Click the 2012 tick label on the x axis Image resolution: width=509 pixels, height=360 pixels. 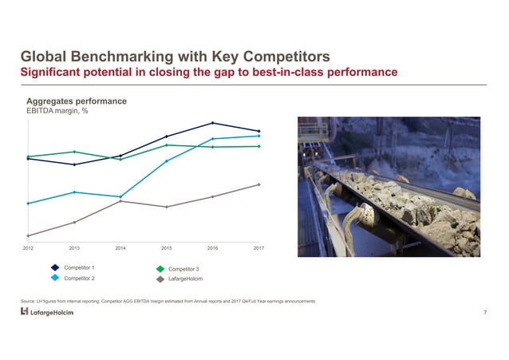[28, 249]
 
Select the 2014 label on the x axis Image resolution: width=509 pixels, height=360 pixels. [120, 249]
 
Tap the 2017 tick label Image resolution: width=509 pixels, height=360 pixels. [258, 249]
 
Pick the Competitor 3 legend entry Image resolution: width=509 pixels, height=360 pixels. [185, 269]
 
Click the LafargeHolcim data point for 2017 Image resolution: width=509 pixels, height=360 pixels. [259, 184]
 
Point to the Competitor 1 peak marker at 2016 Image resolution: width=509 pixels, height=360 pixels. [213, 123]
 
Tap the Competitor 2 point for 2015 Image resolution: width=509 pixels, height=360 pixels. [167, 161]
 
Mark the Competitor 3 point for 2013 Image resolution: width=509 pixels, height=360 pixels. [74, 152]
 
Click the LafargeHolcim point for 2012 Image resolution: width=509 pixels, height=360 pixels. [28, 235]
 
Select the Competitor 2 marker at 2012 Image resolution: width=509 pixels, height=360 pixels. [28, 204]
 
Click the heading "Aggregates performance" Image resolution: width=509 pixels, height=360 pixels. [77, 101]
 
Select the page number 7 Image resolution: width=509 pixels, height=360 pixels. [485, 311]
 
